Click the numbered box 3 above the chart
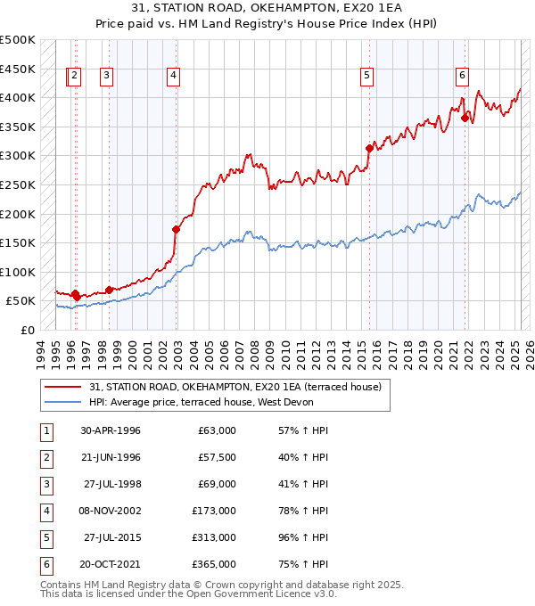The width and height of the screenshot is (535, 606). [106, 76]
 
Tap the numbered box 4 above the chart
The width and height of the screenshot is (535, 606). [172, 76]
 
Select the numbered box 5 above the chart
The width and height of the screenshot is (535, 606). [366, 76]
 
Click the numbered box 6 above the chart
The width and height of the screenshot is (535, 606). [462, 76]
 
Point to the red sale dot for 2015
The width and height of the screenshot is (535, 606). [369, 148]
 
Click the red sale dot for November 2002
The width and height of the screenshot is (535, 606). [176, 229]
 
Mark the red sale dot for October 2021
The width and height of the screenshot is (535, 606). [465, 118]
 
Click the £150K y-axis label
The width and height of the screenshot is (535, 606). [18, 242]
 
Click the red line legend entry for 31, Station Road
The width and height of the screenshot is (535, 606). [235, 387]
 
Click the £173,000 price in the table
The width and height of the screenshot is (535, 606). [214, 511]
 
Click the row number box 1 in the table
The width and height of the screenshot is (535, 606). [45, 430]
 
